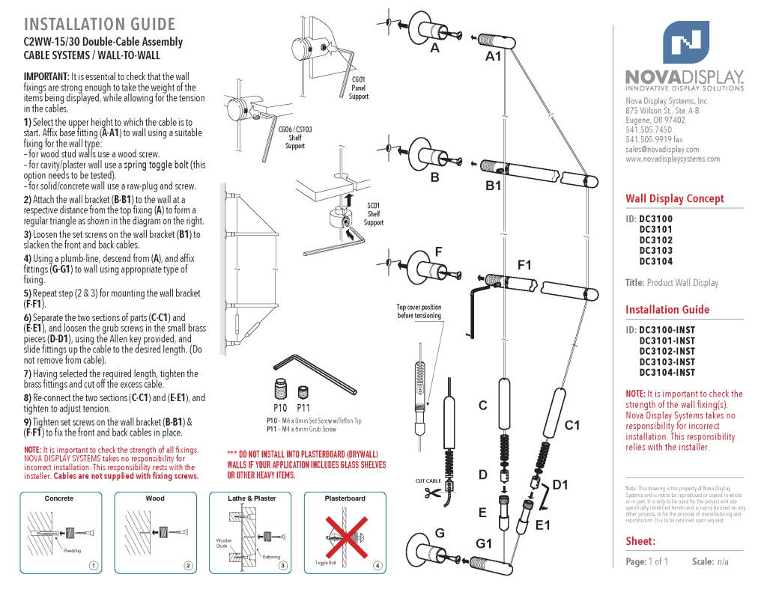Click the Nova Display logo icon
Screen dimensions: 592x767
[685, 43]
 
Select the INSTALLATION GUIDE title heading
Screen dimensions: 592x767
[100, 25]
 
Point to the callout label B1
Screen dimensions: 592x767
[493, 186]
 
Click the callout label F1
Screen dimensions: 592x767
[524, 265]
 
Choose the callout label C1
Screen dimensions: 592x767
[572, 425]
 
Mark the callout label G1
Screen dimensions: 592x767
[484, 543]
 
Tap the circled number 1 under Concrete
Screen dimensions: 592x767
[93, 565]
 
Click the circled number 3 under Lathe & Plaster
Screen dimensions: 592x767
[283, 565]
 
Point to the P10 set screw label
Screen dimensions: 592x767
[280, 408]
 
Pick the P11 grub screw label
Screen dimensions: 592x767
[303, 408]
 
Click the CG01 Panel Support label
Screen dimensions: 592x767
[359, 88]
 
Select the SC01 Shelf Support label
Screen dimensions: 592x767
[373, 213]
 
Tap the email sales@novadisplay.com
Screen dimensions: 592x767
[662, 149]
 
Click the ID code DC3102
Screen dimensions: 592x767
[655, 240]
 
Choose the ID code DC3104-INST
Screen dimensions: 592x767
[667, 372]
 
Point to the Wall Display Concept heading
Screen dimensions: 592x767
[675, 198]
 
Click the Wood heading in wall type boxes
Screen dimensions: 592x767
[155, 498]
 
